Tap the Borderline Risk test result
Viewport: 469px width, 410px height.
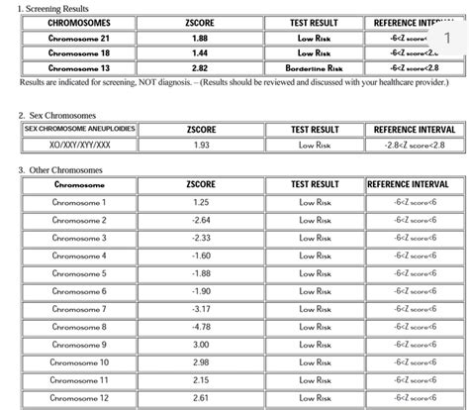(314, 67)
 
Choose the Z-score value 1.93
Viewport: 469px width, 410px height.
(201, 145)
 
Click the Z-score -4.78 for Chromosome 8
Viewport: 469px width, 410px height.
(201, 326)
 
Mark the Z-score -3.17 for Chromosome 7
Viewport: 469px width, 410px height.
(201, 308)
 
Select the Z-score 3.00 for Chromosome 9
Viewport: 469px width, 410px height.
(201, 344)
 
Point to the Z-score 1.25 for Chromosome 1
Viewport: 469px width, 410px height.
(201, 202)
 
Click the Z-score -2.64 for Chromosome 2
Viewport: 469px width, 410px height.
(201, 220)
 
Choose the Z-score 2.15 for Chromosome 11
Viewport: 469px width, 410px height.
(201, 379)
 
